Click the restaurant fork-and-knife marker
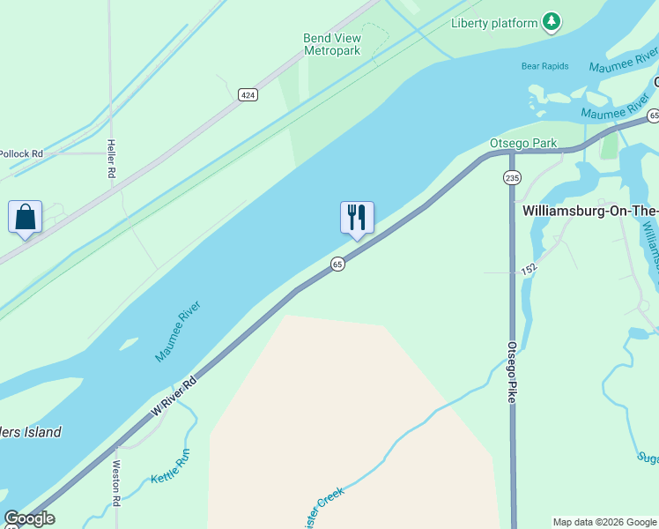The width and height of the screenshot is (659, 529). pos(357,217)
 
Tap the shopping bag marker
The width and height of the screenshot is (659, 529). pos(25,217)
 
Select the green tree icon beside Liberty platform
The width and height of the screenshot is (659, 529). pos(552,21)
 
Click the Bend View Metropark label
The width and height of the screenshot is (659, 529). pos(332,44)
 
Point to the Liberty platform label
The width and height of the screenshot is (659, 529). pos(494,23)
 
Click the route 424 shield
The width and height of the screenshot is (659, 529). pos(248,93)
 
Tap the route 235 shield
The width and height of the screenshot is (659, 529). pos(512,178)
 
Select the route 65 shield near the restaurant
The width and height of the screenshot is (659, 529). pos(337,264)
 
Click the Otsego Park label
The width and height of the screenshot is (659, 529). pos(523,143)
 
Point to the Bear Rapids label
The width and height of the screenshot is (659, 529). pos(544,66)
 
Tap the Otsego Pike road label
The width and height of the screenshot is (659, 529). pos(511,373)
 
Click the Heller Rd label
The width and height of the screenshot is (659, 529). pos(112,159)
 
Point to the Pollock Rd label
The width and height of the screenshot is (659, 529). pos(21,153)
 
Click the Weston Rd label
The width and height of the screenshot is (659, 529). pos(115,487)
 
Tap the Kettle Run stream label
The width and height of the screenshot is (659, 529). pos(170,466)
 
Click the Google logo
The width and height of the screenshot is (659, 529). pos(29,519)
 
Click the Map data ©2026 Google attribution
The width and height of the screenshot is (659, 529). pos(604,522)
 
